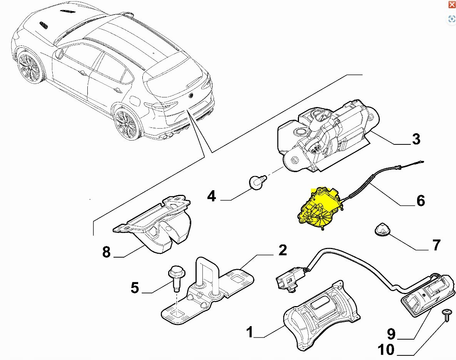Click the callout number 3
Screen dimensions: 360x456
point(416,139)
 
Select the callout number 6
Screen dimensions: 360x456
point(420,200)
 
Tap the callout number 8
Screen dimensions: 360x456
point(107,252)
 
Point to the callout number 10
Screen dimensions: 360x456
point(386,350)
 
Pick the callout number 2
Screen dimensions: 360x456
point(282,250)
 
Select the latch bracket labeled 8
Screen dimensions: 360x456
point(158,227)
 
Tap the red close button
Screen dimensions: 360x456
point(452,5)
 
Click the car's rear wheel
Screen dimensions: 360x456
point(126,124)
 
